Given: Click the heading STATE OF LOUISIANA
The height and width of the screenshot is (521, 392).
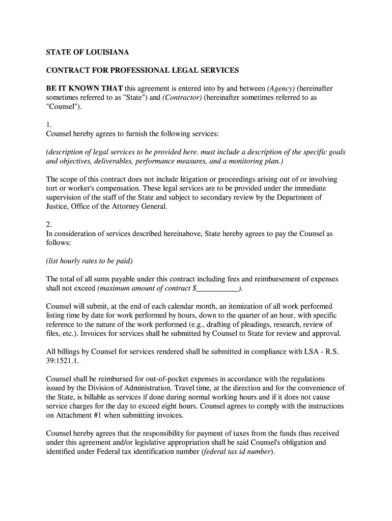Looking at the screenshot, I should click(x=88, y=52).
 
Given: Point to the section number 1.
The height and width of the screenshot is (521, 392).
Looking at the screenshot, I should click(x=49, y=125).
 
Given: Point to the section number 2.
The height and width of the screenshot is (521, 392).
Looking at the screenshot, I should click(x=49, y=225).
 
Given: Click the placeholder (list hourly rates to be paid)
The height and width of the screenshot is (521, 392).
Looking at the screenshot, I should click(x=89, y=261).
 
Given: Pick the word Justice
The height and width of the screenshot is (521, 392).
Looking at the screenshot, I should click(x=58, y=207).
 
